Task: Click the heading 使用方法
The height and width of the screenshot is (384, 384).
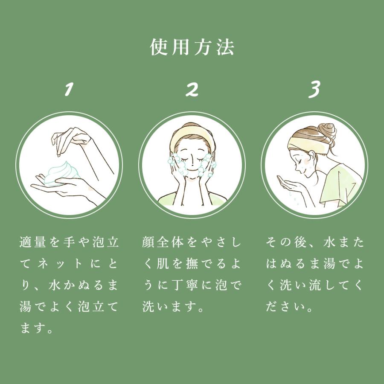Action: tap(192, 47)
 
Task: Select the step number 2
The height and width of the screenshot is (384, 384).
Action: tap(192, 89)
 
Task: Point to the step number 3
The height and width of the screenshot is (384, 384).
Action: tap(314, 90)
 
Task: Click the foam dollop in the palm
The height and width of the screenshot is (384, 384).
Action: tap(62, 173)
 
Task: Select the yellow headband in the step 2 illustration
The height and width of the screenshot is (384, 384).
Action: tap(192, 137)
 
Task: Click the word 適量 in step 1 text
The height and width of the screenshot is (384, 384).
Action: tap(33, 242)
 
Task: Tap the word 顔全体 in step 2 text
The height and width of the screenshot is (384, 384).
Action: tap(163, 242)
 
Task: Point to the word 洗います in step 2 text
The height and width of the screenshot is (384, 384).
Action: tap(170, 307)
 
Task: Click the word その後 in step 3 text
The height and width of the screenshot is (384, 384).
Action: tap(286, 242)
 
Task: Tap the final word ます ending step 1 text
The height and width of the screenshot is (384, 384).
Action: tap(32, 329)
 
